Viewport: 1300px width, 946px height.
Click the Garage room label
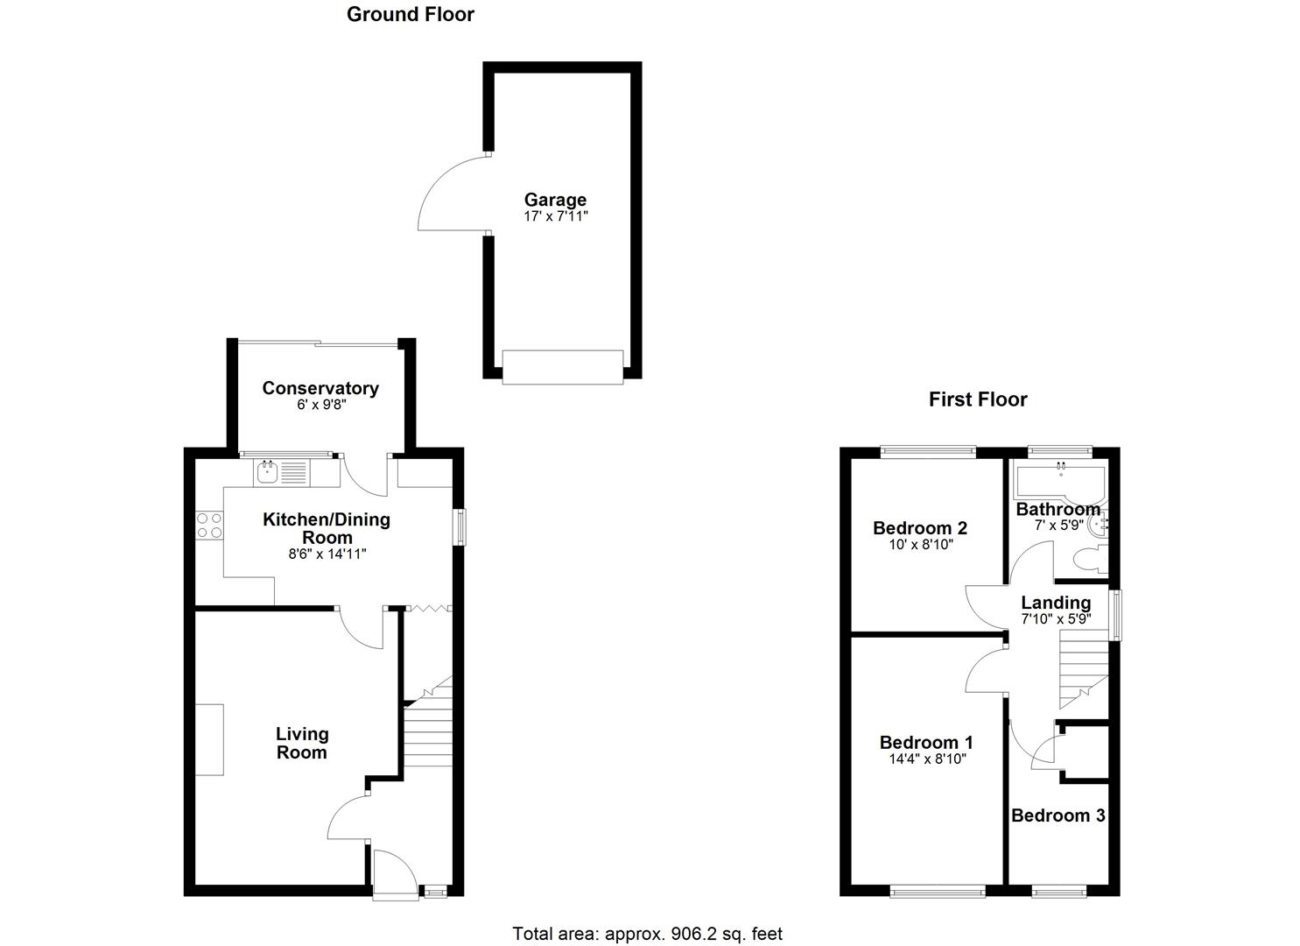click(555, 200)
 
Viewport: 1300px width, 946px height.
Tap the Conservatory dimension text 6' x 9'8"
click(320, 406)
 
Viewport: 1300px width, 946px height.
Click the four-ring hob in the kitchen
click(208, 525)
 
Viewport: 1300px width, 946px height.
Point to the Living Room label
click(302, 743)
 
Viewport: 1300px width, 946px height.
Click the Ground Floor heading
click(411, 14)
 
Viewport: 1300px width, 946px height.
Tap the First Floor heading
click(978, 399)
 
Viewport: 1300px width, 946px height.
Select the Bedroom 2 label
click(919, 528)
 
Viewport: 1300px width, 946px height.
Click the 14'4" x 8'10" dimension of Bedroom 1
click(926, 759)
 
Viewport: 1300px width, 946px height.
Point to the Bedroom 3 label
click(1058, 815)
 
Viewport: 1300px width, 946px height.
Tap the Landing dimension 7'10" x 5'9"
click(1056, 618)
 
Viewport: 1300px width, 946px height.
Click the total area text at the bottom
click(647, 934)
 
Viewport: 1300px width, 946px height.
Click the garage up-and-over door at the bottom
click(562, 366)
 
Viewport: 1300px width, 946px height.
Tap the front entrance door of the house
click(394, 872)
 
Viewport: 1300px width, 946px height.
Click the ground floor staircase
click(427, 727)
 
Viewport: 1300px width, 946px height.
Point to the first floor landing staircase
click(1083, 670)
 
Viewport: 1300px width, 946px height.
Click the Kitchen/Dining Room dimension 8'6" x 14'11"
click(327, 554)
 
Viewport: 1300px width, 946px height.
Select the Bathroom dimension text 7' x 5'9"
click(1059, 526)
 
